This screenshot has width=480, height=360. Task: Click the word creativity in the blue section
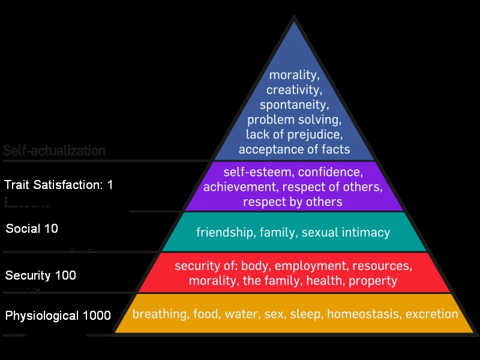(294, 91)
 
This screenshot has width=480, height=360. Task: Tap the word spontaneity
(294, 105)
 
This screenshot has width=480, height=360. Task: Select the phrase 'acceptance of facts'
(294, 148)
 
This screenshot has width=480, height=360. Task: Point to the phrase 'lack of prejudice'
(294, 134)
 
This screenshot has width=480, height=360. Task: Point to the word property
(373, 280)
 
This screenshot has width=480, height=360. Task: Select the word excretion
(431, 314)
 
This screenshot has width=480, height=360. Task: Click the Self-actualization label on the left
(55, 151)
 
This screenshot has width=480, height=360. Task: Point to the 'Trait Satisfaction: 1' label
(59, 185)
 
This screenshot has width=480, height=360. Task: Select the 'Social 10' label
(32, 229)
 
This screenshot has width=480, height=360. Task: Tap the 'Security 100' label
(41, 275)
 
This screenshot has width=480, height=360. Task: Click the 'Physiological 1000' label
(58, 316)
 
